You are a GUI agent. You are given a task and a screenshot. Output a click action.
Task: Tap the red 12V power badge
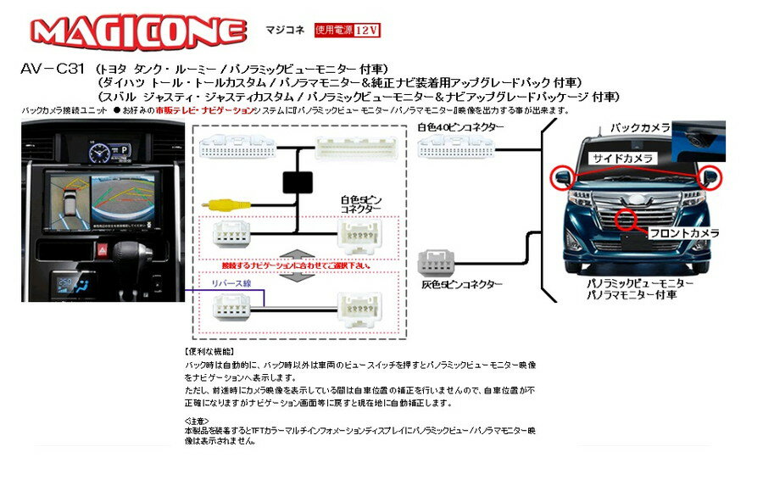pyautogui.click(x=347, y=30)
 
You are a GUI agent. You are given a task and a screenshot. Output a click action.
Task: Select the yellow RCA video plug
pyautogui.click(x=223, y=204)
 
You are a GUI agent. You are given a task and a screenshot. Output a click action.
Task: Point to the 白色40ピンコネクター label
pyautogui.click(x=460, y=127)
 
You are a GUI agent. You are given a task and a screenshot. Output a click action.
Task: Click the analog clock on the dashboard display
pyautogui.click(x=99, y=152)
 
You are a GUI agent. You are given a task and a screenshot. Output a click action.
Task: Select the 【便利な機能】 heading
pyautogui.click(x=209, y=351)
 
